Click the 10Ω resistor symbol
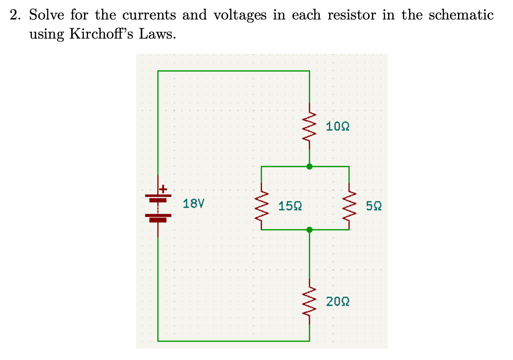pyautogui.click(x=309, y=126)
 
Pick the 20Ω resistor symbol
pyautogui.click(x=309, y=302)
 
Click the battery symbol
pyautogui.click(x=158, y=207)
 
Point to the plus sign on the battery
pyautogui.click(x=163, y=189)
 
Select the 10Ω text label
pyautogui.click(x=338, y=126)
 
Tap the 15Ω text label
pyautogui.click(x=290, y=206)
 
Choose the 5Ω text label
pyautogui.click(x=373, y=206)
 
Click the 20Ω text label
pyautogui.click(x=338, y=302)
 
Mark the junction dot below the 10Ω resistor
pyautogui.click(x=309, y=167)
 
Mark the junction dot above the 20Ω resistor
pyautogui.click(x=309, y=230)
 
